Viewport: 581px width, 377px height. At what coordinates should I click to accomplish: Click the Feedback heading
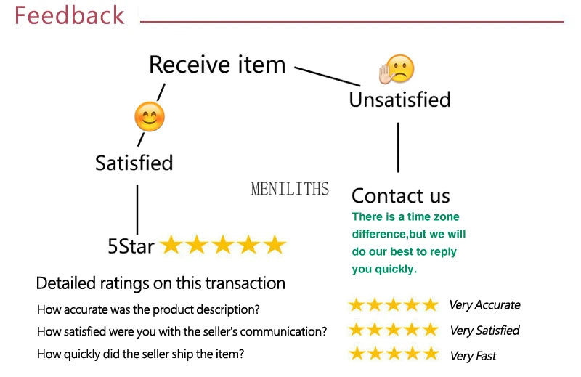(x=70, y=15)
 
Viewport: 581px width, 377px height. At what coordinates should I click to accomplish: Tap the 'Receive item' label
(x=217, y=65)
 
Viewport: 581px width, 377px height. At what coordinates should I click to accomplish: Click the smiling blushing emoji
(x=150, y=117)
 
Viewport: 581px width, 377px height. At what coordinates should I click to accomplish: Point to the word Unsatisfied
(x=399, y=100)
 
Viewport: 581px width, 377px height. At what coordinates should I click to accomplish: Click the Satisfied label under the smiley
(x=134, y=163)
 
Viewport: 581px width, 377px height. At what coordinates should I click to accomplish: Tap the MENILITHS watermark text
(x=290, y=190)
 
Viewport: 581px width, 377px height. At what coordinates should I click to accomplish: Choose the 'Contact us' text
(x=400, y=195)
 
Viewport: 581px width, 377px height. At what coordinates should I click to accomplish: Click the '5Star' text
(x=131, y=246)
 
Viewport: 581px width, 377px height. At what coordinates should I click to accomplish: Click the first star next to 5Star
(x=171, y=246)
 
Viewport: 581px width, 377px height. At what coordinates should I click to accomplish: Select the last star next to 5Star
(x=275, y=246)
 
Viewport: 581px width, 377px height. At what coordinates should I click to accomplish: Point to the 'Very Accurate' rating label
(x=484, y=305)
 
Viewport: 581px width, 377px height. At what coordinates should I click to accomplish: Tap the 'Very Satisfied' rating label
(x=484, y=331)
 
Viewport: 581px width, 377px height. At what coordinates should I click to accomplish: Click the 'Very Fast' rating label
(x=473, y=356)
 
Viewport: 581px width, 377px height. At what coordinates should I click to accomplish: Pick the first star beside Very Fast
(x=357, y=354)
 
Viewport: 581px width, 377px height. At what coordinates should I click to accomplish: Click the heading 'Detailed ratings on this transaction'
(x=161, y=283)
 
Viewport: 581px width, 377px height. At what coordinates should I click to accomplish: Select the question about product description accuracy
(x=148, y=309)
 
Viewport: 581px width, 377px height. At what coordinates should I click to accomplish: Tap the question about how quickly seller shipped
(x=140, y=354)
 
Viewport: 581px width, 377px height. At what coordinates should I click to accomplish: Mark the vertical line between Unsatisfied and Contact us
(x=398, y=147)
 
